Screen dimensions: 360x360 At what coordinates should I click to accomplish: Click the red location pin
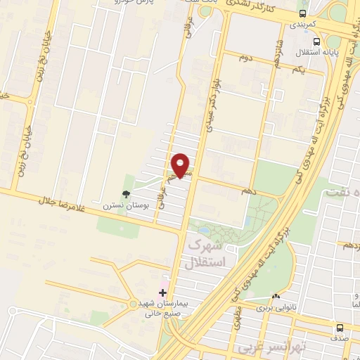tap(181, 165)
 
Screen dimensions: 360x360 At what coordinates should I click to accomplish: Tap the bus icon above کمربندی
tap(302, 13)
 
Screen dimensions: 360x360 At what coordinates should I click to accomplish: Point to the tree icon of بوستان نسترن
tap(126, 194)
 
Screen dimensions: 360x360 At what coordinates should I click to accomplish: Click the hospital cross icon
tap(163, 292)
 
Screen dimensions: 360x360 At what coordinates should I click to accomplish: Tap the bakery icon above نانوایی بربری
tap(275, 297)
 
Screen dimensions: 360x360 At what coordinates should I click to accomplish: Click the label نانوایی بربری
tap(272, 308)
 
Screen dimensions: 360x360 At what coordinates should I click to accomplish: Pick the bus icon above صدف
tap(340, 327)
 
